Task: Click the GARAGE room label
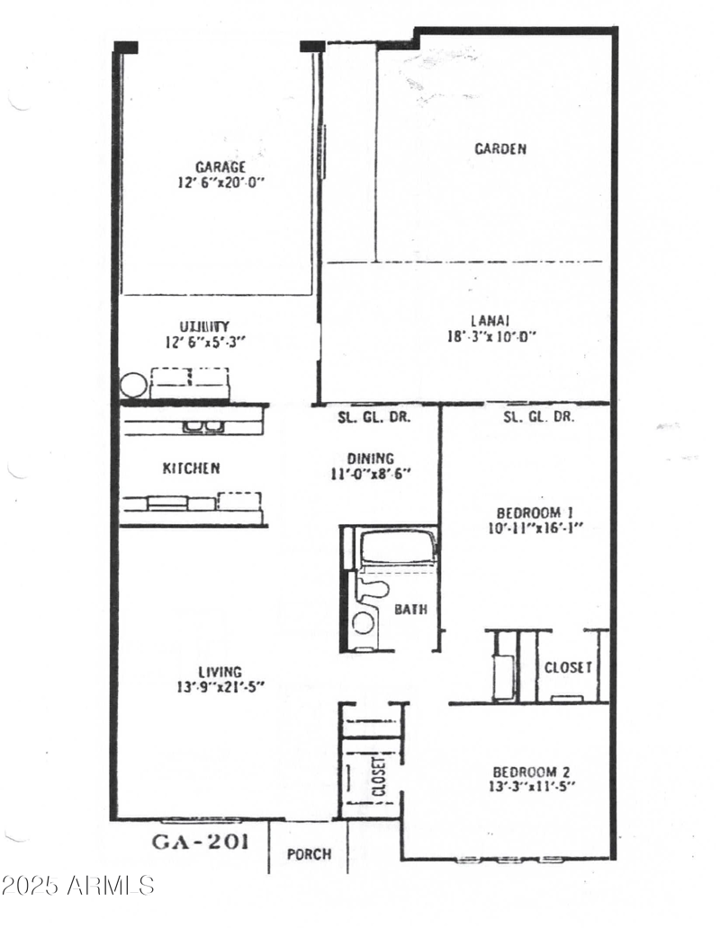tap(220, 166)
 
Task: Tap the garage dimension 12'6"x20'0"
tap(220, 182)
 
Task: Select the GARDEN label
tap(500, 149)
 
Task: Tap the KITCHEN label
tap(191, 468)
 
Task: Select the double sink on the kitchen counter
tap(203, 426)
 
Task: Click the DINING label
tap(370, 458)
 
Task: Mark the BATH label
tap(411, 610)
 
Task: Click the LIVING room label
tap(220, 672)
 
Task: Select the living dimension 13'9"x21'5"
tap(220, 688)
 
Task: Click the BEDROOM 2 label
tap(531, 772)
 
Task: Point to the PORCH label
tap(309, 854)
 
